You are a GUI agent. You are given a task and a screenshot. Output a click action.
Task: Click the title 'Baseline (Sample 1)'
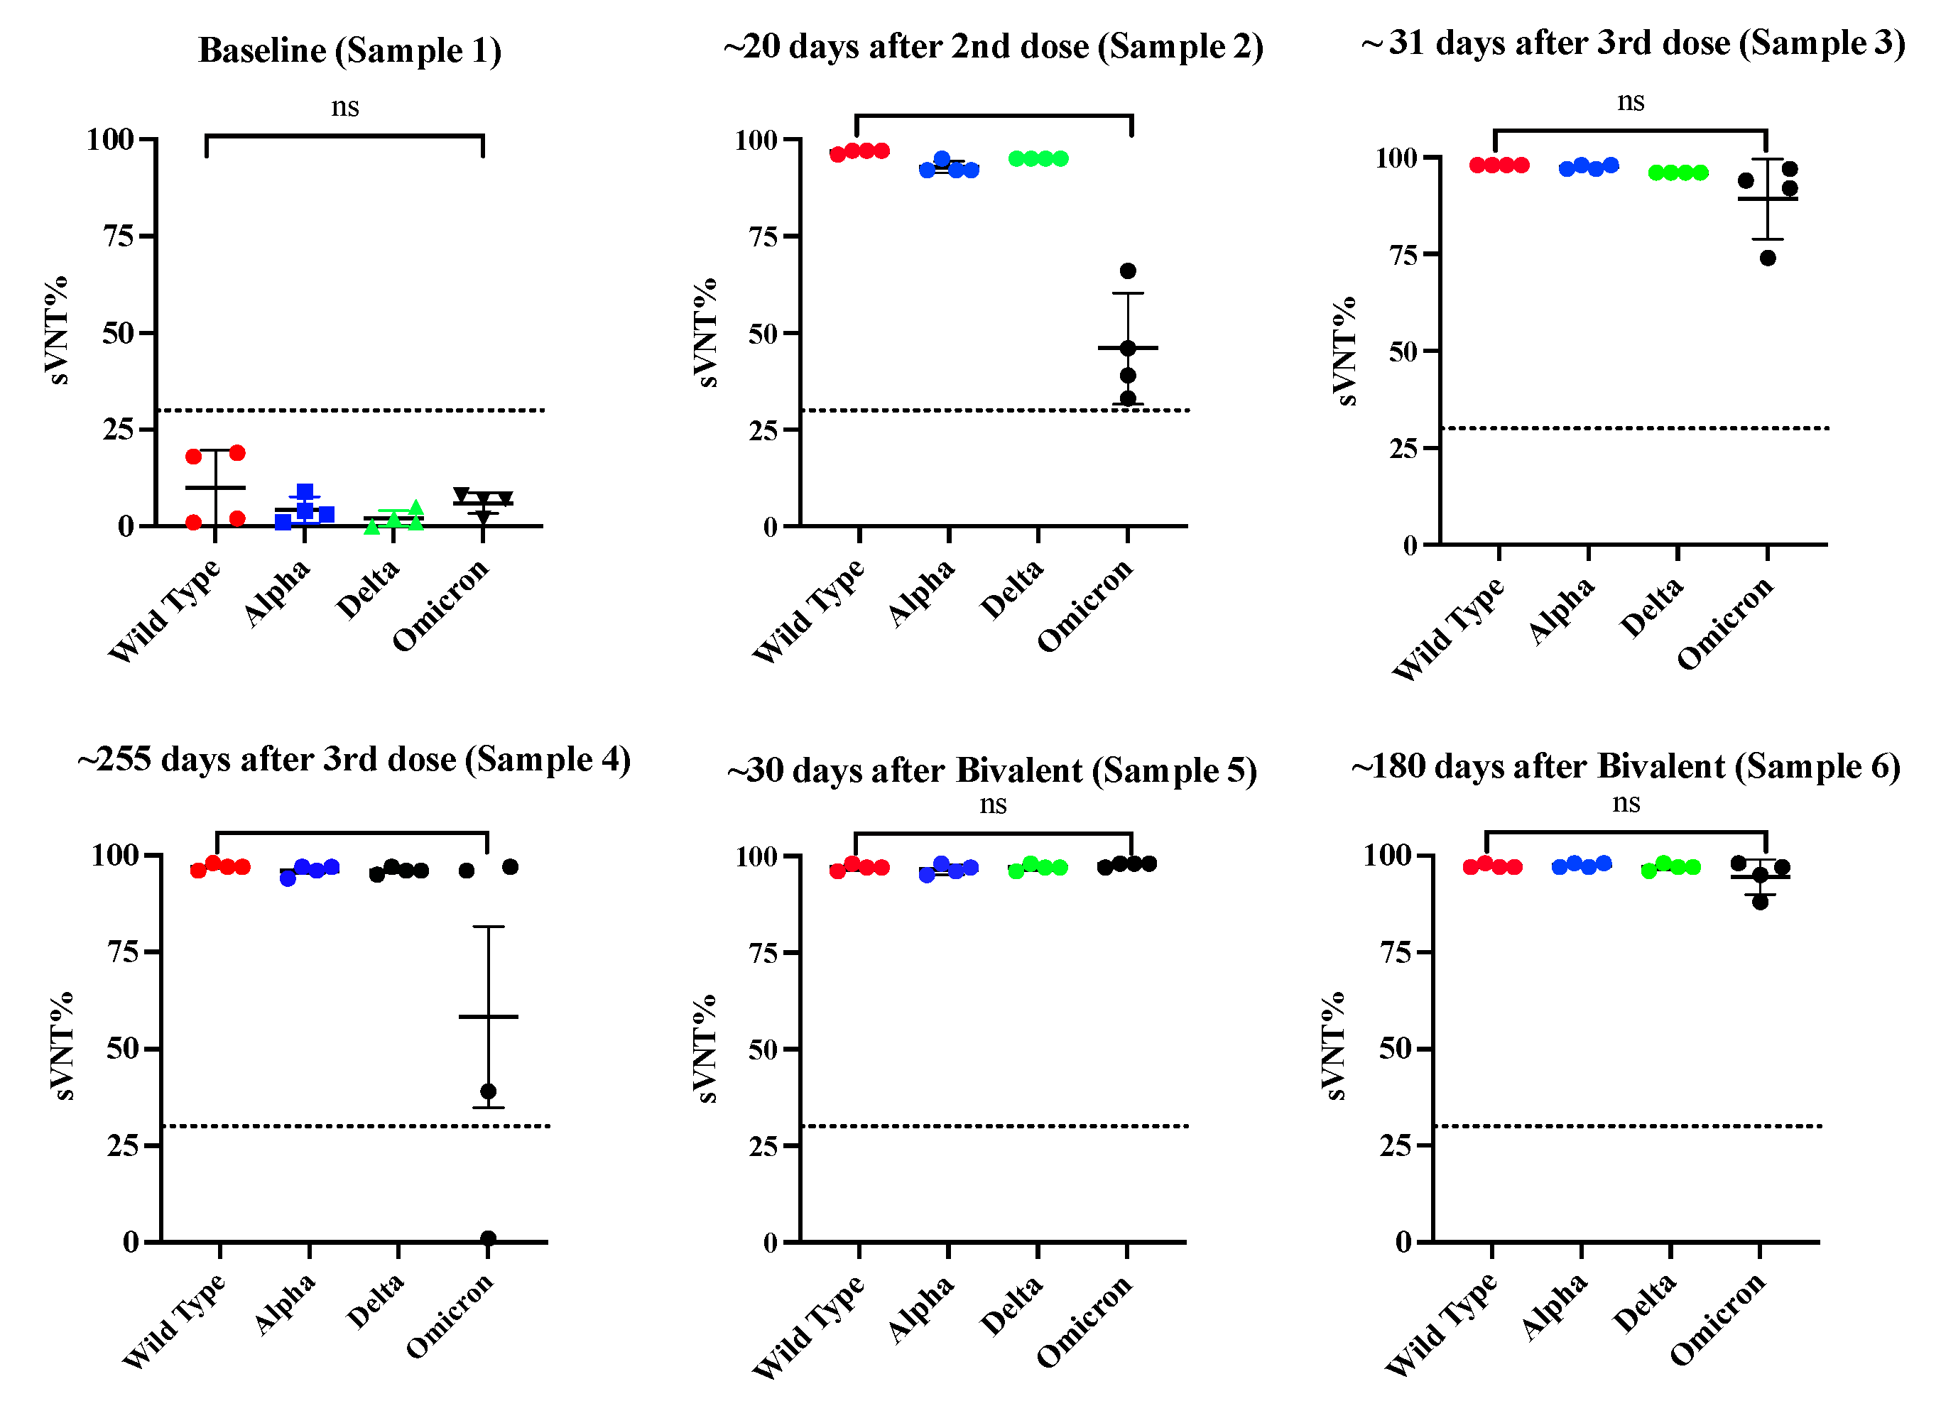pos(349,50)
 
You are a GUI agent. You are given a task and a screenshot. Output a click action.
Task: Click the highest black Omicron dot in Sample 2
pos(1128,271)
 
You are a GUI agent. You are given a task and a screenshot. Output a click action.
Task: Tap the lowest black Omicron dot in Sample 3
pos(1768,258)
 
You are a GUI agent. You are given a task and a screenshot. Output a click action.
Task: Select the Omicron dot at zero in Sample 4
pos(488,1238)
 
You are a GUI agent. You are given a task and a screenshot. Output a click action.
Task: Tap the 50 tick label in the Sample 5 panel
pos(765,1050)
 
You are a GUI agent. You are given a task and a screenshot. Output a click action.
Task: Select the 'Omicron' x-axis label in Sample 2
pos(1085,606)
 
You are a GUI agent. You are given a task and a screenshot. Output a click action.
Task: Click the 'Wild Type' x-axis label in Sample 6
pos(1441,1323)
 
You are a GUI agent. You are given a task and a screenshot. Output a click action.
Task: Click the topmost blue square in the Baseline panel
pos(305,491)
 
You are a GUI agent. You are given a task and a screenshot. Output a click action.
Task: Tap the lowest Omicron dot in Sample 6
pos(1760,901)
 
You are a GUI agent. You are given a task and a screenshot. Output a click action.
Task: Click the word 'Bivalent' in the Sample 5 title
pos(1018,770)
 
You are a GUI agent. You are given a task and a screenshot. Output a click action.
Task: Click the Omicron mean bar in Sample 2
pos(1128,347)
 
